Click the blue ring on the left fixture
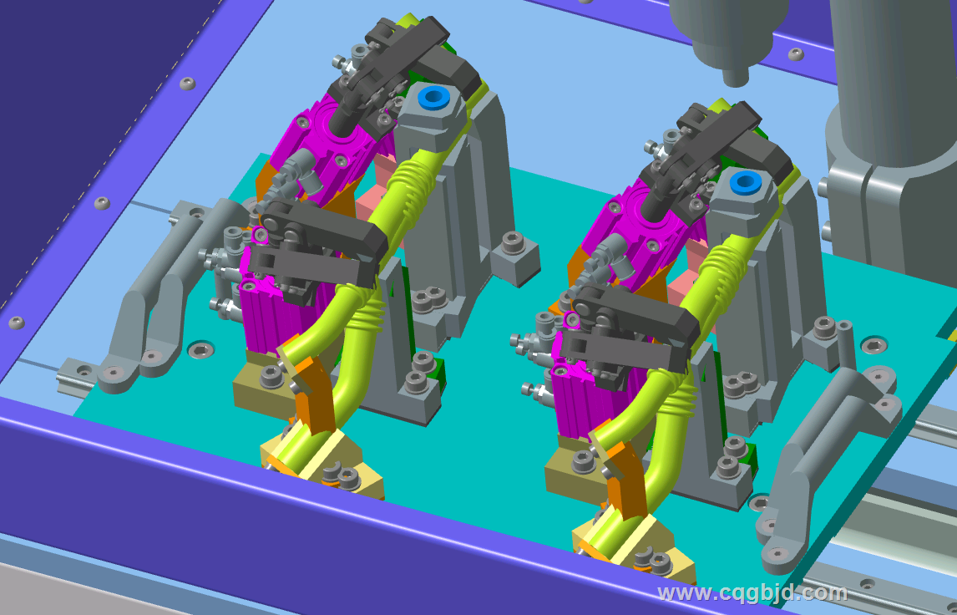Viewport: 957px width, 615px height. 434,97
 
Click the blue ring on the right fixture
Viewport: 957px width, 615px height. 745,181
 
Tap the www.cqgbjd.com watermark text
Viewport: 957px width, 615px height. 752,592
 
